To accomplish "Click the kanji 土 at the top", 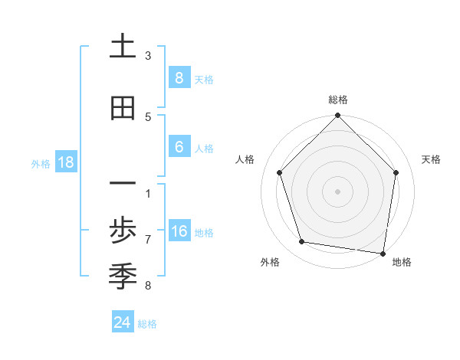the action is pos(123,47).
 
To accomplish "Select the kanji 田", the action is pos(123,109).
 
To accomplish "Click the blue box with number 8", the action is pos(179,78).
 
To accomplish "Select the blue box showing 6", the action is pos(179,147).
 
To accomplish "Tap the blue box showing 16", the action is pos(179,232).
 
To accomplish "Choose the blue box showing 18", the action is pos(65,162).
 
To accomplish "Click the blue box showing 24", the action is pos(122,322).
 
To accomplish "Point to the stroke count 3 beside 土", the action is pos(148,55).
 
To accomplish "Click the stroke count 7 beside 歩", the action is pos(148,239).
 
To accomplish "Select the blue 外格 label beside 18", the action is pos(41,163).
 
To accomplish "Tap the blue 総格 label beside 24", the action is pos(147,323).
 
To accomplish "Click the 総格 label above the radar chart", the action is pos(338,100).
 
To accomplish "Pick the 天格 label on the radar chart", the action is pos(432,159).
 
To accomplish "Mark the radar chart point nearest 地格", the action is pos(383,253).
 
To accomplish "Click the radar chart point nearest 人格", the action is pos(279,172).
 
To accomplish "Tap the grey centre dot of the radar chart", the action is pos(337,191).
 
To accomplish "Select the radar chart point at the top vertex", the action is pos(337,116).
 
